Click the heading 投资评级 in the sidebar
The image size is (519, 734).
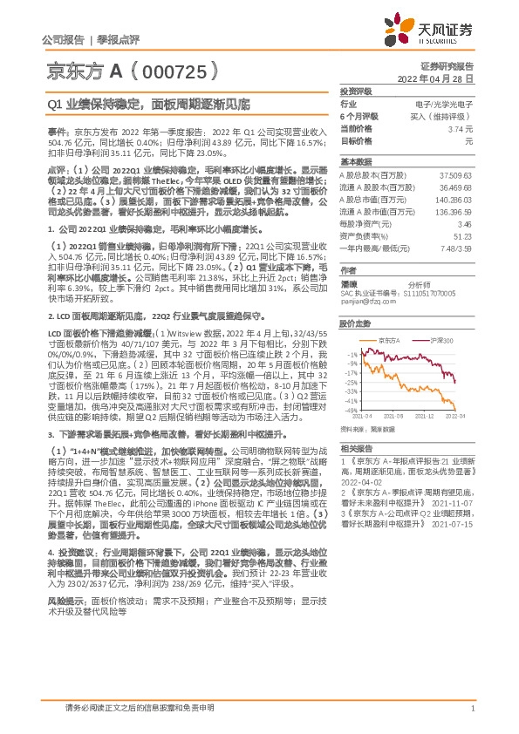point(354,91)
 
